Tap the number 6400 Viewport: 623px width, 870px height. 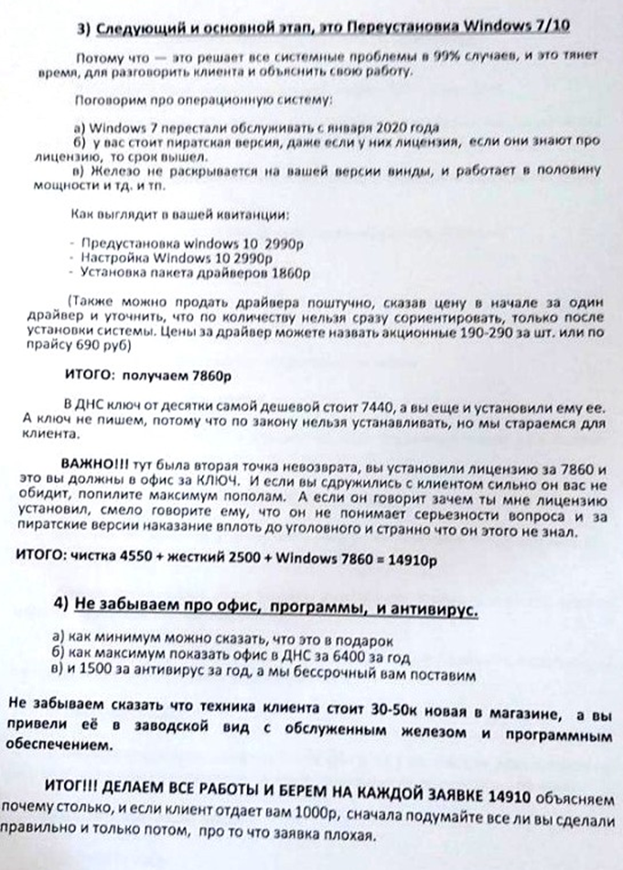[318, 656]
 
